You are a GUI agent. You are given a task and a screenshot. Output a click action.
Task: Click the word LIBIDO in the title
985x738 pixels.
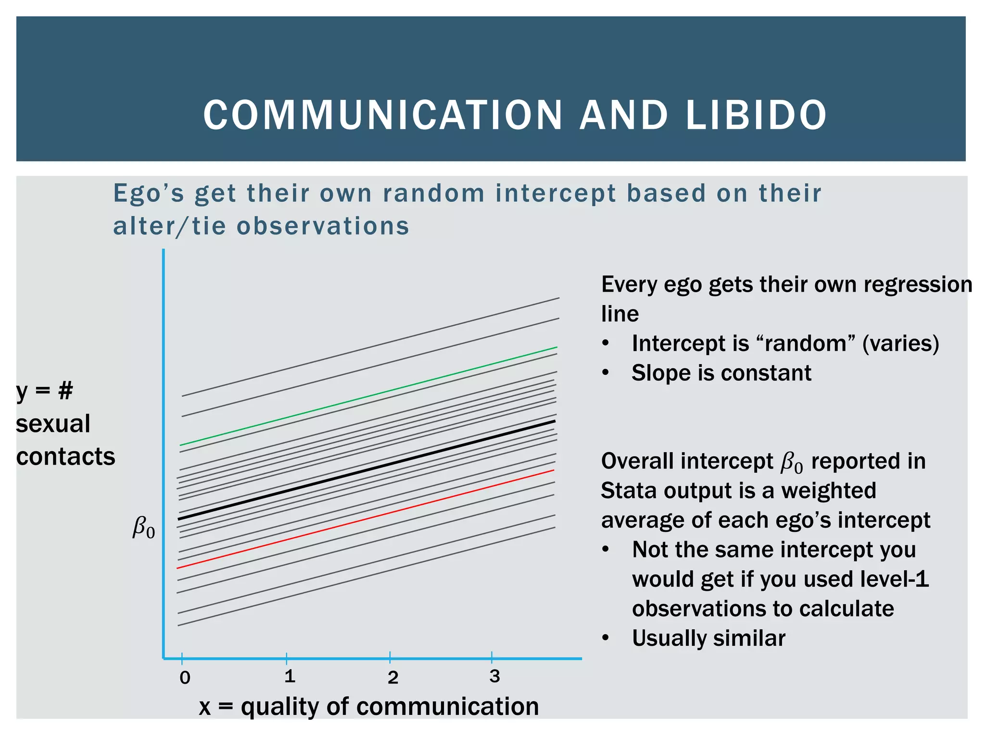tap(756, 115)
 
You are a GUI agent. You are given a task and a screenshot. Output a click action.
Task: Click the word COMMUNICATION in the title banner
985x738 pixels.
tap(383, 115)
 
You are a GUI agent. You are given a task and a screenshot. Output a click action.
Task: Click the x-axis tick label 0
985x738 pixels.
tap(185, 678)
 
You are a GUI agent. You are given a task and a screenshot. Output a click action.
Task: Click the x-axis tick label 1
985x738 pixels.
tap(289, 676)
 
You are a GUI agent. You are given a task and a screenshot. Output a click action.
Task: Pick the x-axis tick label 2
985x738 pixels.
tap(393, 678)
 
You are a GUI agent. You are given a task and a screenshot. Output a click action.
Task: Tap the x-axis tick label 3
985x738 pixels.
tap(494, 676)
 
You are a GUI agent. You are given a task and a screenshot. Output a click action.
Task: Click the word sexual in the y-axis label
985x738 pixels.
tap(53, 424)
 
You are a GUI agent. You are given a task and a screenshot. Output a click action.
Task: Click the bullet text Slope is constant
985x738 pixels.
tap(721, 373)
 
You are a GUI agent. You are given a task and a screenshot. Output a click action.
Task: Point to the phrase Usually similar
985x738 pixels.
tap(708, 639)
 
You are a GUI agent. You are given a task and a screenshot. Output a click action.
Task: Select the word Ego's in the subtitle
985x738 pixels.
tap(149, 194)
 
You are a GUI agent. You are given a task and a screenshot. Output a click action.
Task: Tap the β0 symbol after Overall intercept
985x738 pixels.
tap(791, 462)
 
